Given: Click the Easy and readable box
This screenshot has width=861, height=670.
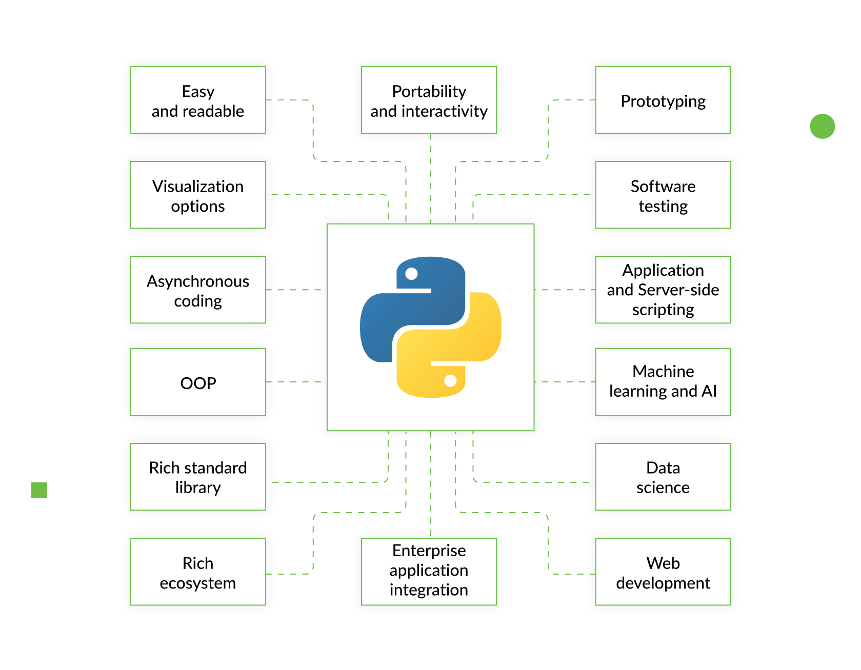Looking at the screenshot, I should tap(198, 100).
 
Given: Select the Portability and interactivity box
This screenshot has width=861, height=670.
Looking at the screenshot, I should tap(429, 100).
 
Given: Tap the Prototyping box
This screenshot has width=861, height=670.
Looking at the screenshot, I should tap(663, 100).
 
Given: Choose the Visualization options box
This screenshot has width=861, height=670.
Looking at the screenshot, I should tap(198, 195).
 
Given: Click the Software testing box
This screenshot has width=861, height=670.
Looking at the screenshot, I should tap(663, 195).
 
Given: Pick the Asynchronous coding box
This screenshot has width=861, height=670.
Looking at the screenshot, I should tap(198, 290).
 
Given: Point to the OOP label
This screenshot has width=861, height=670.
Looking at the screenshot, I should tap(198, 383).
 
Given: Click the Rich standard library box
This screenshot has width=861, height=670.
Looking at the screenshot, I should tap(198, 477).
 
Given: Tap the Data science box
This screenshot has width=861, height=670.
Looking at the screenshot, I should tap(663, 477).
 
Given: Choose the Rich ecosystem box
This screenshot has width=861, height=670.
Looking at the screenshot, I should tap(198, 572).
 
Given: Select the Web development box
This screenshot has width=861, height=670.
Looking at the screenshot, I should tap(663, 572).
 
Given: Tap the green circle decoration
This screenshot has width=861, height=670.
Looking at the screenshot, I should tap(822, 126).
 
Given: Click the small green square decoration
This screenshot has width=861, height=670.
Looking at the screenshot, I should tap(39, 490).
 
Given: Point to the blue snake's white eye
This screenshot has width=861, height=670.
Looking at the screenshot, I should tap(411, 274).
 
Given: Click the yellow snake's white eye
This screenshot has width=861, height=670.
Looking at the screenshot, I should tap(450, 380).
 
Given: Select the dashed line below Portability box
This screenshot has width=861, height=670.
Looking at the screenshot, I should tap(430, 177).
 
